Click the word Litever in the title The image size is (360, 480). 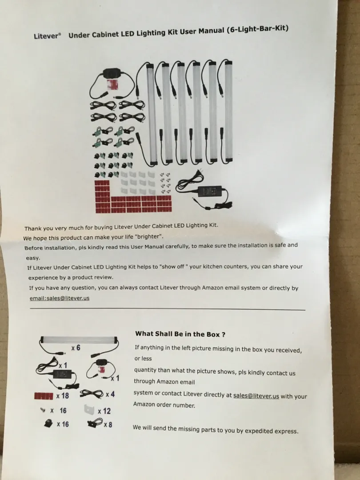46,36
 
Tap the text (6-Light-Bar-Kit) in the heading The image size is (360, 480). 257,29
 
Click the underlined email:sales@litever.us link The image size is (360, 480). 60,298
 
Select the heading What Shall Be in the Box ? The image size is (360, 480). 180,334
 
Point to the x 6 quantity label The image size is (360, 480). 76,348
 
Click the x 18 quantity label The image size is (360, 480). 63,396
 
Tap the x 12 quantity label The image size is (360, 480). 104,411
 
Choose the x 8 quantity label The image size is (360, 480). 108,424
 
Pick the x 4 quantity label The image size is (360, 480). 110,394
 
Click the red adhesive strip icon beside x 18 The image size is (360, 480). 44,396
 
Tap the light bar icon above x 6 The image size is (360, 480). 79,340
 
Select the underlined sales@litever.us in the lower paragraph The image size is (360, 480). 256,396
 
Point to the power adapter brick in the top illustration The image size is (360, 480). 210,191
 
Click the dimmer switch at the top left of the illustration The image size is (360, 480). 112,73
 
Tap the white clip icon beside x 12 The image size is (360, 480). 89,410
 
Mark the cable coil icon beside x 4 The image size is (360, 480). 92,394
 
